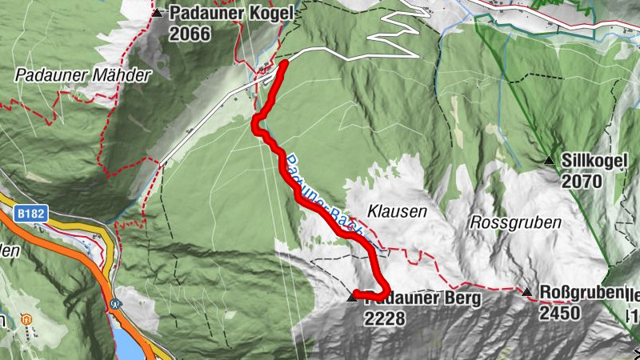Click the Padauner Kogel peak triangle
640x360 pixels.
158,13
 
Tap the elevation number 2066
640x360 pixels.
190,34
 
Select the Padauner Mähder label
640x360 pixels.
82,75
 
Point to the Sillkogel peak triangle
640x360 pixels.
549,161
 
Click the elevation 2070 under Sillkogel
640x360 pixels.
581,181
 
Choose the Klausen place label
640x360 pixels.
397,211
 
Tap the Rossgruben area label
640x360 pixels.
515,222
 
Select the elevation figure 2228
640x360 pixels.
385,318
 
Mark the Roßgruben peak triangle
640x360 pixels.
526,292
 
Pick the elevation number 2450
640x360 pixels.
559,313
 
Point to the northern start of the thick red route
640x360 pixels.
285,62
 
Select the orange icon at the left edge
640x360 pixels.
26,319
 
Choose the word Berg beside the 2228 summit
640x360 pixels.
463,299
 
